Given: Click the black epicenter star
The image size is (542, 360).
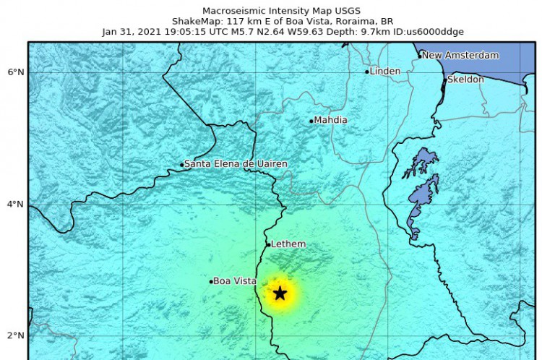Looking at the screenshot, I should [x=280, y=293].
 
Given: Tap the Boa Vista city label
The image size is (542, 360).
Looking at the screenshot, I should [x=235, y=281].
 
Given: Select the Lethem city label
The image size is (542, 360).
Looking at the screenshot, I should [x=288, y=244].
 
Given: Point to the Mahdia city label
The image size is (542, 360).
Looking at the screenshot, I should [x=330, y=120].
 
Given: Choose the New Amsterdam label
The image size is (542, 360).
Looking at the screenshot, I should [x=460, y=55].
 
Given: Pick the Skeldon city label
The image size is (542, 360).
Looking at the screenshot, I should [x=465, y=80].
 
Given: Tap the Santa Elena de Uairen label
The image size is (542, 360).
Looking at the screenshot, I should [x=236, y=164].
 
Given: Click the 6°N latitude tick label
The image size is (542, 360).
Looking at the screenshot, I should [x=15, y=72].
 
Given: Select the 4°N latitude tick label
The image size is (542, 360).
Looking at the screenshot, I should [x=15, y=204].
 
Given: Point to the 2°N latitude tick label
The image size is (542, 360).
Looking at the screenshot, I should [x=15, y=335].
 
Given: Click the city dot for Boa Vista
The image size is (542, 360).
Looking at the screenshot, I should [x=211, y=282].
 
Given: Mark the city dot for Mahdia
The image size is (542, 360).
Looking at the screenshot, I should [x=311, y=121].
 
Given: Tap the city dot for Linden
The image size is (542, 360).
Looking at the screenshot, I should [x=367, y=72].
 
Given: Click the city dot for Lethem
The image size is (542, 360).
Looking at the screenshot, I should [x=268, y=244].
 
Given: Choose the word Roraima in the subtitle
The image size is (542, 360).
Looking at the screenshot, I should [x=330, y=21].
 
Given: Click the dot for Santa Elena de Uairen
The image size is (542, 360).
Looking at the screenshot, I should [x=182, y=165].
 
